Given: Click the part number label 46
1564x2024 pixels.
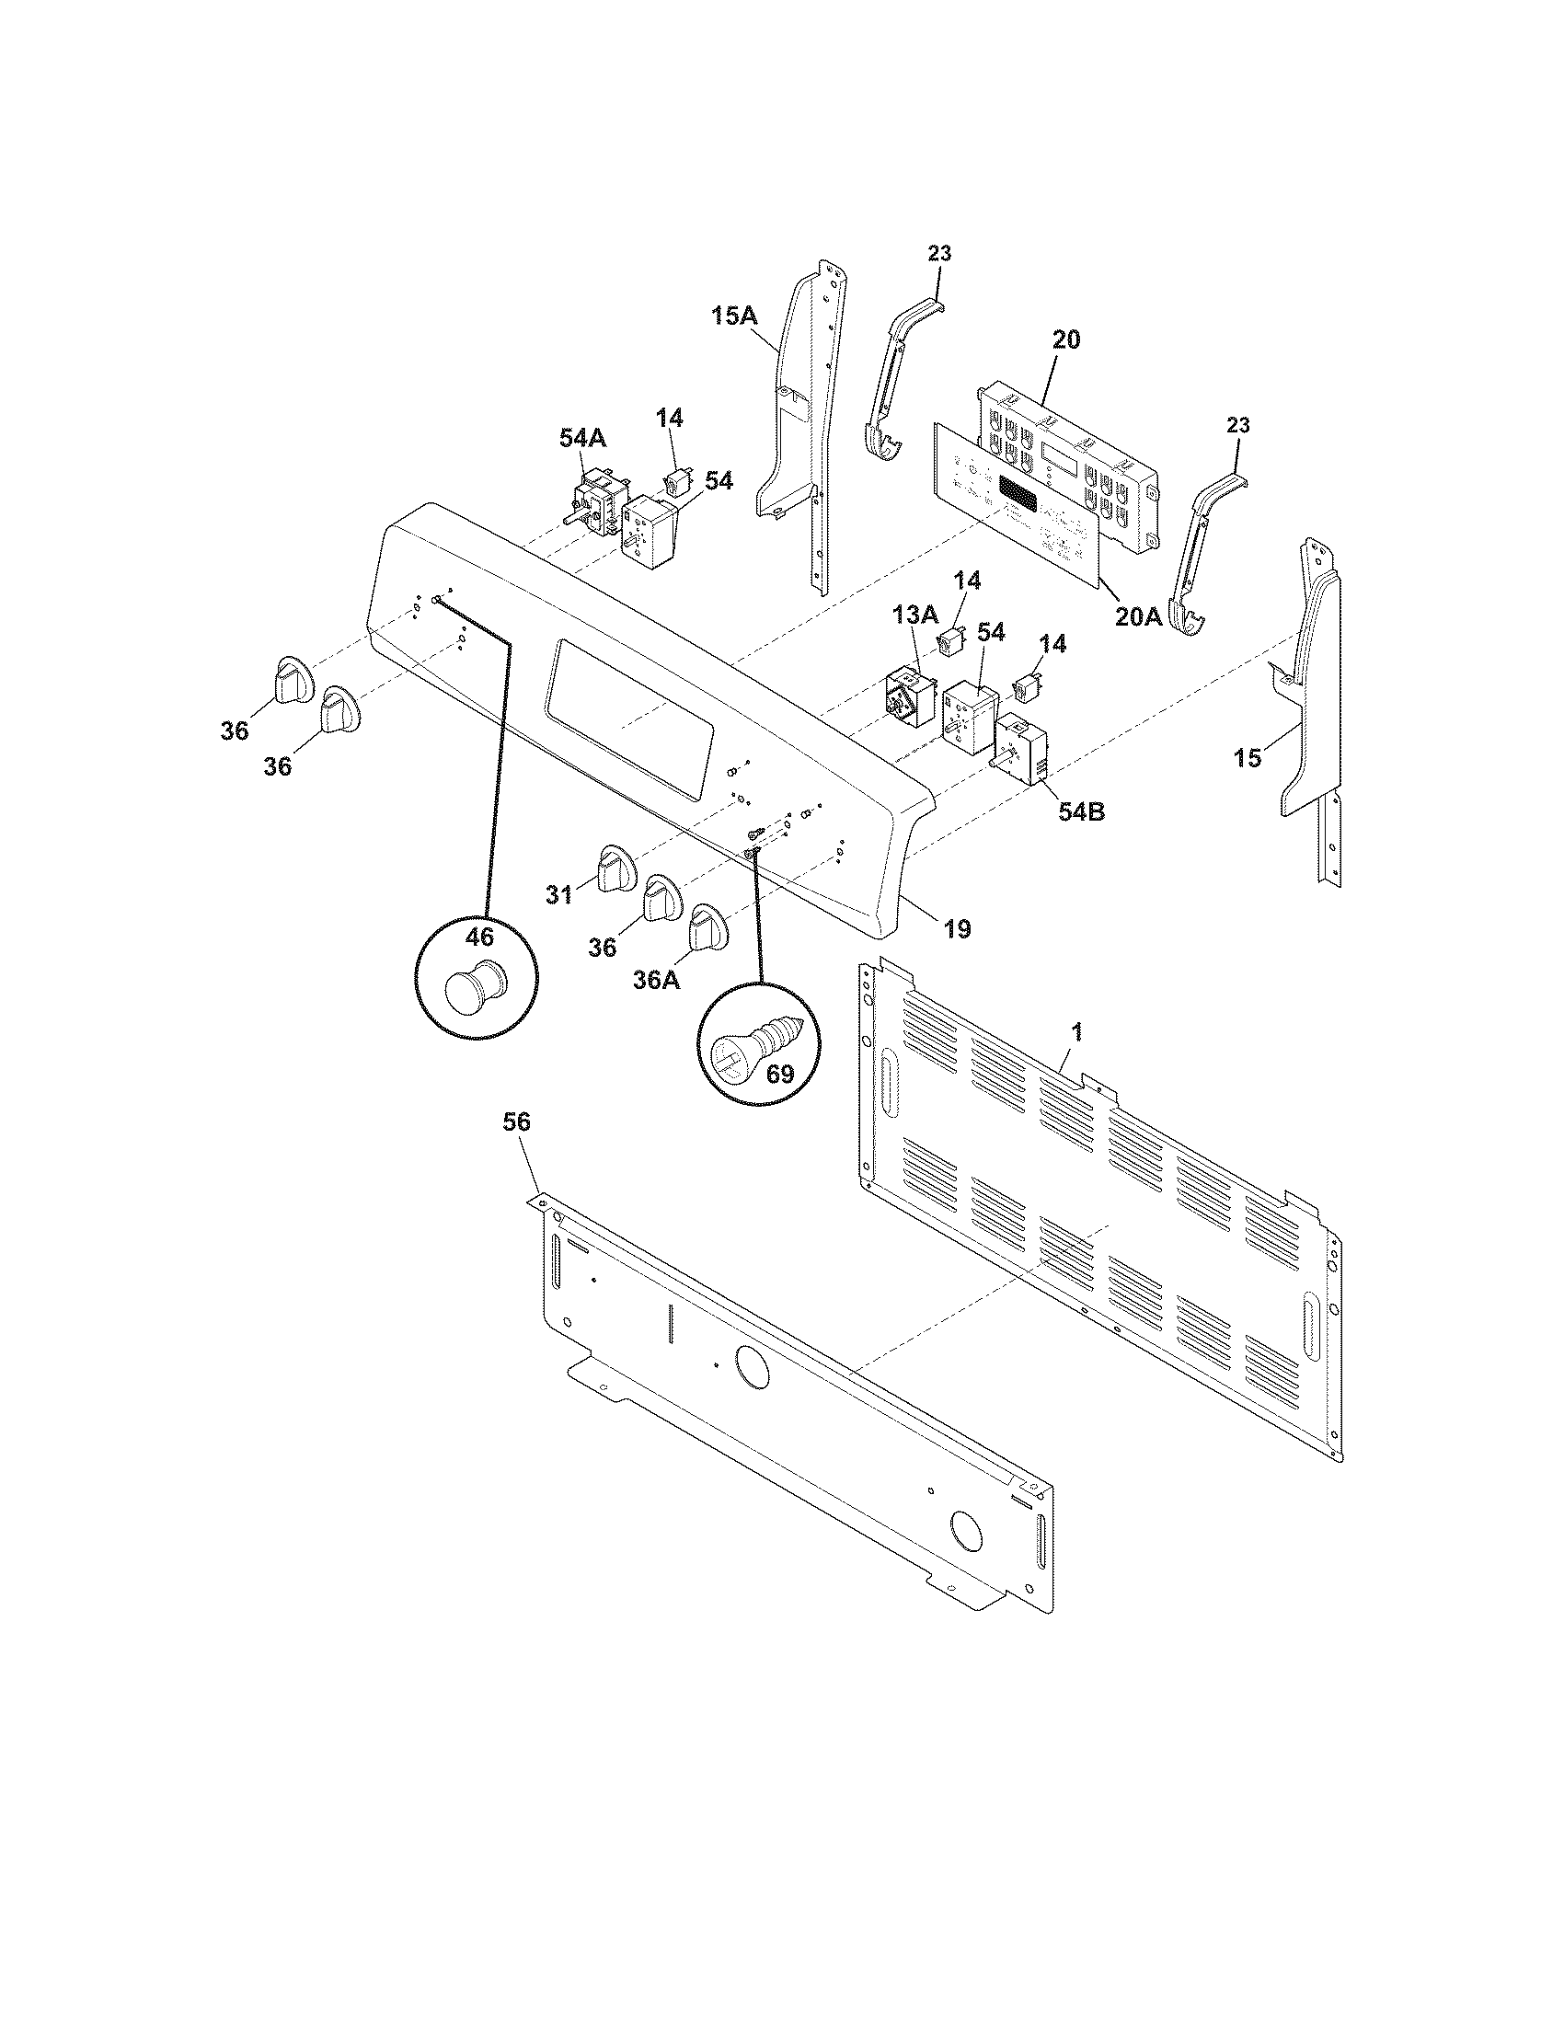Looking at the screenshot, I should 479,937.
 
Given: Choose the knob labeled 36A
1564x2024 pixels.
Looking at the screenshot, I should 707,927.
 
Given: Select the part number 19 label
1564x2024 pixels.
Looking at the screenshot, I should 957,927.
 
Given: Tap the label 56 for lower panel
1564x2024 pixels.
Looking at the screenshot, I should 516,1122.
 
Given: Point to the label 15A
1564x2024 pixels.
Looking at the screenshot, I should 734,316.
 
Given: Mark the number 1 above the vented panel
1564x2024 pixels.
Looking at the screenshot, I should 1077,1030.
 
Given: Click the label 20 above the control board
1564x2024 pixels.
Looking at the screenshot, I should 1065,340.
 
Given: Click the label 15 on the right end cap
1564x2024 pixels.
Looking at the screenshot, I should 1248,758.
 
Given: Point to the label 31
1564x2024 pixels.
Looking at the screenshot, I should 558,894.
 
